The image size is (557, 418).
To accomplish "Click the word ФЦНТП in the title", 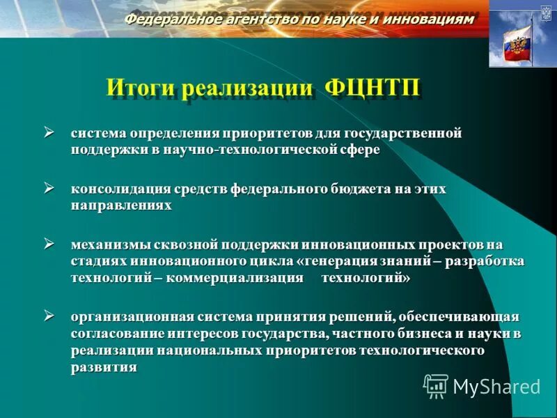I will click(x=372, y=91).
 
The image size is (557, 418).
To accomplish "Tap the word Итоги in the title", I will click(x=139, y=91).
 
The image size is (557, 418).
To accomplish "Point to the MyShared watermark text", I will click(x=496, y=386).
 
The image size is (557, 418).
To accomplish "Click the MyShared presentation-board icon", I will click(x=436, y=385).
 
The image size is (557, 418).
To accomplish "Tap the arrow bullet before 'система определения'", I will click(x=49, y=131).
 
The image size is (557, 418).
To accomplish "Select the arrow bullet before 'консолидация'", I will click(x=49, y=187).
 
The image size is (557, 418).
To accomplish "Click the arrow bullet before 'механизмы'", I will click(x=49, y=243).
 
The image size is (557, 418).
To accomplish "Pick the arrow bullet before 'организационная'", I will click(x=49, y=315).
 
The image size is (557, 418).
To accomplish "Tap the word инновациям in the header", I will click(x=430, y=20).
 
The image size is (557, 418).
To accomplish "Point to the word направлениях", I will click(x=120, y=206).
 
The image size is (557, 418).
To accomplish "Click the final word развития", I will click(x=104, y=367).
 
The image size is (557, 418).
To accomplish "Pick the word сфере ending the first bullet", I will click(x=362, y=150).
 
